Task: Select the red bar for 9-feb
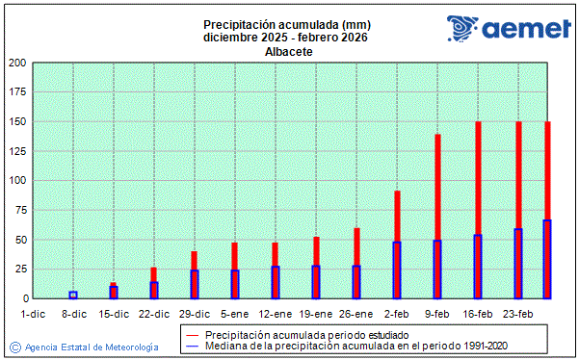click(x=437, y=188)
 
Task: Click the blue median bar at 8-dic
click(x=73, y=296)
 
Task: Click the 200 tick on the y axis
click(x=17, y=64)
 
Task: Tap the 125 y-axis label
click(x=17, y=152)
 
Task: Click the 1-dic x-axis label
click(x=33, y=314)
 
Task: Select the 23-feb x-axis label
click(x=518, y=314)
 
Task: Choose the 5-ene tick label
click(x=235, y=314)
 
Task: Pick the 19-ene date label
click(x=316, y=314)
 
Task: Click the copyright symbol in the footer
click(x=14, y=346)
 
